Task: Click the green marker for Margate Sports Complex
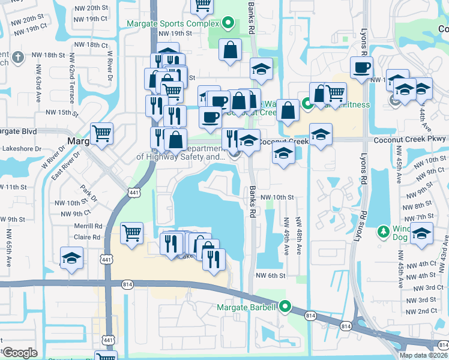pyautogui.click(x=228, y=24)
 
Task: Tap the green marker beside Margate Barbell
pyautogui.click(x=285, y=307)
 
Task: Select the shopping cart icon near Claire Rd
pyautogui.click(x=131, y=233)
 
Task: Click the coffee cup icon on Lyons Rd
pyautogui.click(x=361, y=67)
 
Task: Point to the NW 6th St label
pyautogui.click(x=268, y=275)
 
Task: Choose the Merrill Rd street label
pyautogui.click(x=88, y=226)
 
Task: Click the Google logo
pyautogui.click(x=20, y=352)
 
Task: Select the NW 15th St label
pyautogui.click(x=64, y=112)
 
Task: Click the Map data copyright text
pyautogui.click(x=423, y=355)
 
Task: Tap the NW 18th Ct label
pyautogui.click(x=88, y=45)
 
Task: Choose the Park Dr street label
pyautogui.click(x=89, y=195)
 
